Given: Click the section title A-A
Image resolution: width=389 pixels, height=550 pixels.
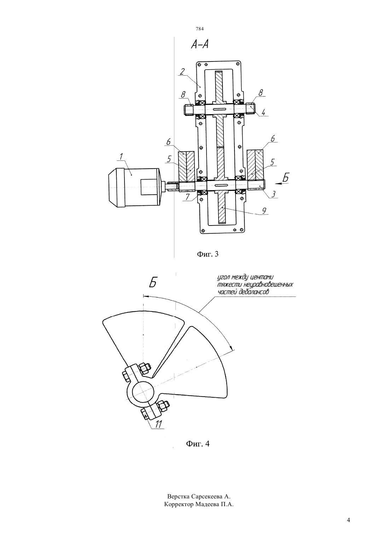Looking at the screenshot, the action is (x=200, y=45).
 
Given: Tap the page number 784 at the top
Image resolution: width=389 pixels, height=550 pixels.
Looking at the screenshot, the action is (x=200, y=29).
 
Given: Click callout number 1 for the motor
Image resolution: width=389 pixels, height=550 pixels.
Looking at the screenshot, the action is (x=121, y=157).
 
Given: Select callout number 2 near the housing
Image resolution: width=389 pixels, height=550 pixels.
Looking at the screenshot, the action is (x=182, y=72).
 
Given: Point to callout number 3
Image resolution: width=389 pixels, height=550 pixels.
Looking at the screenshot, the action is (x=273, y=194).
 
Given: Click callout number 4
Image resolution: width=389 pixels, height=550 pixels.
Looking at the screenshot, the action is (x=263, y=112).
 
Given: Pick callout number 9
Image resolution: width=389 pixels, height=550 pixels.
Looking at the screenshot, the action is (x=264, y=211).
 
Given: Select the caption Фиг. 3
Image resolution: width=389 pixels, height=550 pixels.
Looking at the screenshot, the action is (x=208, y=254).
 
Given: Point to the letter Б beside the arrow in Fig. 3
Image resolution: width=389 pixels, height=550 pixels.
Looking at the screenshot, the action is (x=286, y=177).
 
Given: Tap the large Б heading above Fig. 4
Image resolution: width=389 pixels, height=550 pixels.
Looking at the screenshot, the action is (x=153, y=283).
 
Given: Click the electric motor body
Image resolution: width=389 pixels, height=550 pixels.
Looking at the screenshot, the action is (x=134, y=187).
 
